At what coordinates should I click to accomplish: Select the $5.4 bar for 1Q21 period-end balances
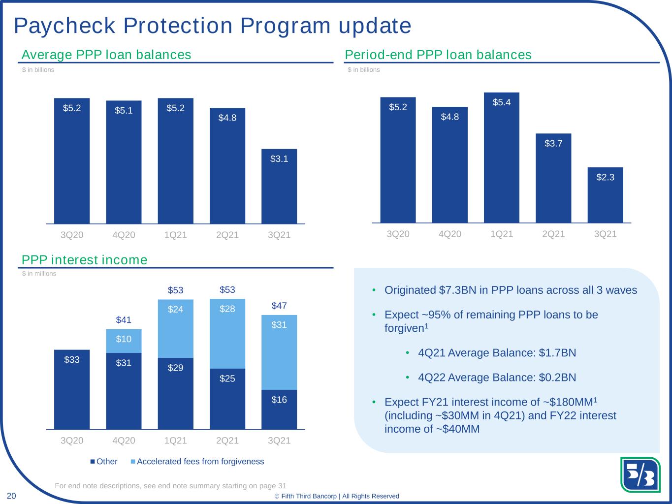pos(502,157)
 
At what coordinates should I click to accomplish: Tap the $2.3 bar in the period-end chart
pos(605,195)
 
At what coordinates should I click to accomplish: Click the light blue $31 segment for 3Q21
pos(279,352)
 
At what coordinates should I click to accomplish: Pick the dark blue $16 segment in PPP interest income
pos(279,409)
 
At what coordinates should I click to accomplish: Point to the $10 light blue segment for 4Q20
pos(124,341)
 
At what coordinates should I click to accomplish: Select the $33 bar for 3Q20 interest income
pos(72,389)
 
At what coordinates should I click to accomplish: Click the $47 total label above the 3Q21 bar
pos(279,306)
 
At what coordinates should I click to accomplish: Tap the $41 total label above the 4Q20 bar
pos(124,320)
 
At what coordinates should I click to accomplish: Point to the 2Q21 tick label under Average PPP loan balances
pos(227,235)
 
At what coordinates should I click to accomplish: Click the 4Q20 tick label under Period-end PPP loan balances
pos(450,234)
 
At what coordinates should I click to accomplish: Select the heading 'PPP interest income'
pos(85,260)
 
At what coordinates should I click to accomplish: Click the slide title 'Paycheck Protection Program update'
pos(213,26)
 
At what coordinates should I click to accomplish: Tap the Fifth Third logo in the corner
pos(640,474)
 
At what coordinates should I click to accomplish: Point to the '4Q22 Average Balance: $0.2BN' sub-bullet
pos(497,378)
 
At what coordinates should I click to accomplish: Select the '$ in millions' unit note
pos(39,274)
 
